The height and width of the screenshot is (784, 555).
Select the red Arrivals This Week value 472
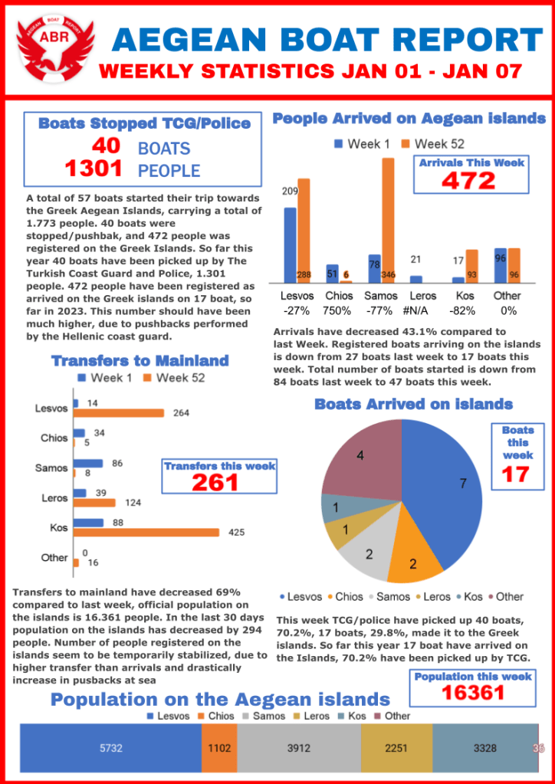pos(468,180)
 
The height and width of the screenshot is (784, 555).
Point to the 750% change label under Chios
pos(337,311)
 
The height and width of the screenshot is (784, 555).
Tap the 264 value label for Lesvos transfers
pos(182,413)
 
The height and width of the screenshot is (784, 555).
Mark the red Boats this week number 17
pos(517,474)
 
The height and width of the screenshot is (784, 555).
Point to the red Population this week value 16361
pos(472,693)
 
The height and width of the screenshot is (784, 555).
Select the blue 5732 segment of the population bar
pos(110,748)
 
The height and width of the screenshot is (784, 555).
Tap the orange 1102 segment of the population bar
pos(219,748)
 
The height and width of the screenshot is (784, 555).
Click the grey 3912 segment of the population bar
pos(298,748)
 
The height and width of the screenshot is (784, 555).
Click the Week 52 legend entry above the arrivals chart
pos(434,144)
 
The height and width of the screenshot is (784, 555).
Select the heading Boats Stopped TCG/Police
pos(144,123)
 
